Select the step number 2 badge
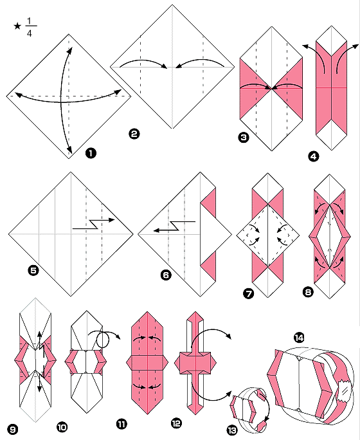tap(134, 134)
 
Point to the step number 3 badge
tap(244, 137)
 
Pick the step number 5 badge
tap(33, 271)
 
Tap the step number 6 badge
tap(166, 275)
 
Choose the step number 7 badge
tap(246, 293)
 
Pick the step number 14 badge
tap(299, 337)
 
